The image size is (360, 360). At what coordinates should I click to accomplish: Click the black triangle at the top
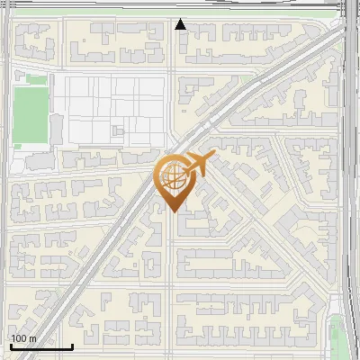coord(181,24)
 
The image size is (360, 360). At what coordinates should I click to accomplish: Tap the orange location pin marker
coord(174,180)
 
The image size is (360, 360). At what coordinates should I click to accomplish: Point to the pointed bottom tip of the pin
coord(174,211)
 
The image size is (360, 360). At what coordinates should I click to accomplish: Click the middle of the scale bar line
coord(41,346)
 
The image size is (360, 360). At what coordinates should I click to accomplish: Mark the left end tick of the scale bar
coord(11,346)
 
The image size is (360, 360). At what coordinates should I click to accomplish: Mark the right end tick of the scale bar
coord(72,346)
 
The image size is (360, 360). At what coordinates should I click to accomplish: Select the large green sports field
coord(30,114)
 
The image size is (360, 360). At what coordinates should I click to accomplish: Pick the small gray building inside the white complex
coord(118,131)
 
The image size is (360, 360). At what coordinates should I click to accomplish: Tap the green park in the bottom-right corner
coord(337,337)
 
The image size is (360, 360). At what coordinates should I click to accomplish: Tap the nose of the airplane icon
coord(212,158)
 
